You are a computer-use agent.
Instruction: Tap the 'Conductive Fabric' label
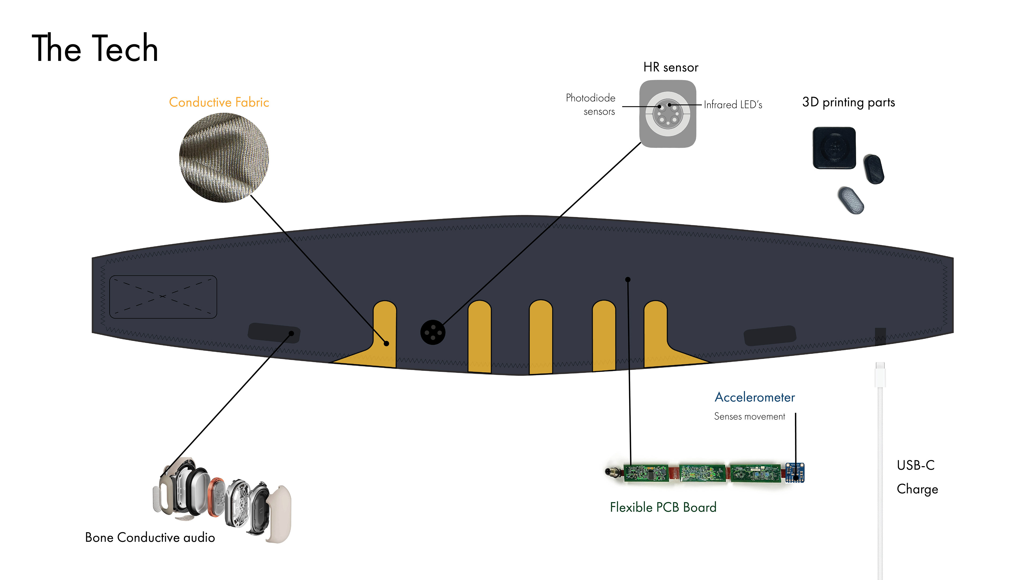(x=219, y=103)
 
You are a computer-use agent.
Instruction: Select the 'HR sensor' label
(x=670, y=67)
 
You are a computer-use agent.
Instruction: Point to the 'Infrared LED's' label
(x=732, y=105)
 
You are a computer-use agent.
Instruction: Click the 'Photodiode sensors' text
(x=591, y=104)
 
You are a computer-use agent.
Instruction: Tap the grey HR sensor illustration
(x=667, y=114)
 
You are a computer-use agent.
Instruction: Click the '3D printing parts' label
(x=848, y=103)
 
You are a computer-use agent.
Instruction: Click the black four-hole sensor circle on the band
(x=432, y=332)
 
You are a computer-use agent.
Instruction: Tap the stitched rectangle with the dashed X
(x=163, y=297)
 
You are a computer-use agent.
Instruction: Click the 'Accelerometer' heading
(x=754, y=397)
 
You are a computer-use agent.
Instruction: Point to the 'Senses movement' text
(x=749, y=417)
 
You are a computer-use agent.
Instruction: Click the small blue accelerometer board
(x=794, y=473)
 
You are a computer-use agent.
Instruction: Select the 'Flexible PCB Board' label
(x=663, y=507)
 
